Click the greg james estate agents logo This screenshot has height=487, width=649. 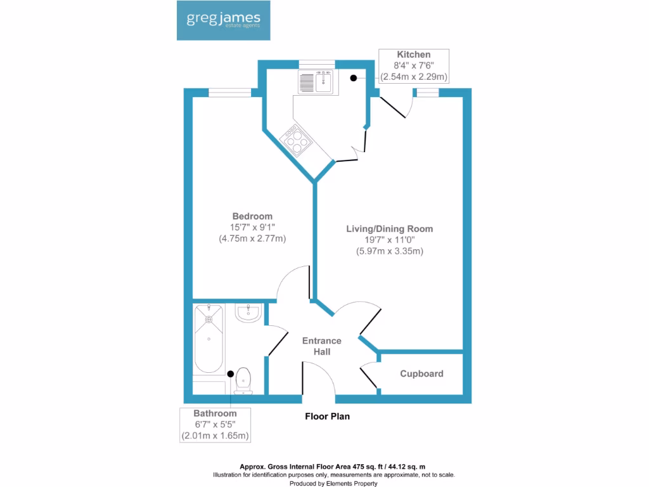coord(224,20)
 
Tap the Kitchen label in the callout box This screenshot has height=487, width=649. coord(414,55)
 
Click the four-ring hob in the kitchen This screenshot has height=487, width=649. coord(295,139)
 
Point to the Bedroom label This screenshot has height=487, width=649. coord(252,216)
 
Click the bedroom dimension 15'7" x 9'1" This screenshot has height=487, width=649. coord(252,228)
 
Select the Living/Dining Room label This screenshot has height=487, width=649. coord(389,228)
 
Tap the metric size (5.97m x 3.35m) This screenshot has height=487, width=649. coord(389,251)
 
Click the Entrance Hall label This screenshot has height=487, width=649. coord(321,346)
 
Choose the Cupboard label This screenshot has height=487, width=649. coord(421,373)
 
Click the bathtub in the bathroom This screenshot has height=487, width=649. coord(209,339)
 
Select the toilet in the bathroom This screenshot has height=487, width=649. coord(243,381)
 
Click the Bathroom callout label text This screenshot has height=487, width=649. coord(215,413)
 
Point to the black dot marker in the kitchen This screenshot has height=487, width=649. coord(354,78)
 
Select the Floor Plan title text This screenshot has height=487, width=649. coord(327,417)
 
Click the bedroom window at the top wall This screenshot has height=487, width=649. coord(229,93)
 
